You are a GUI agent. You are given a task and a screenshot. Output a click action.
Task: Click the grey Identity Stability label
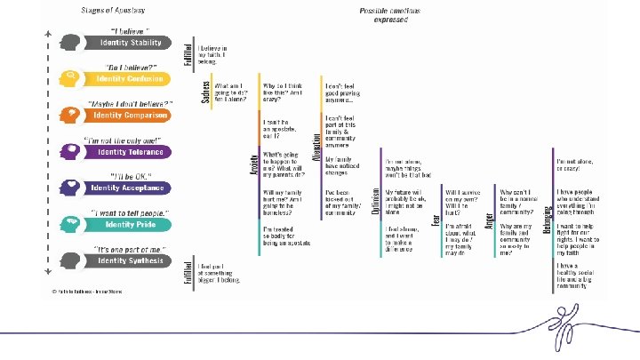point(128,43)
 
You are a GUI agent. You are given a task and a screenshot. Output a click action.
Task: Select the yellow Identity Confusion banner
point(130,78)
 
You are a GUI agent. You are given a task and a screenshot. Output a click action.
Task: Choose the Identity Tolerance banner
point(128,152)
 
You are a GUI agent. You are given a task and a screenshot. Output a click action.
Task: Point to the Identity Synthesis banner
point(130,260)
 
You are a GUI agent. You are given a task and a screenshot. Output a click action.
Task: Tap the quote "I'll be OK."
point(126,175)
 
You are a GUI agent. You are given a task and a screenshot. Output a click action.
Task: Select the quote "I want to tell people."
point(126,212)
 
